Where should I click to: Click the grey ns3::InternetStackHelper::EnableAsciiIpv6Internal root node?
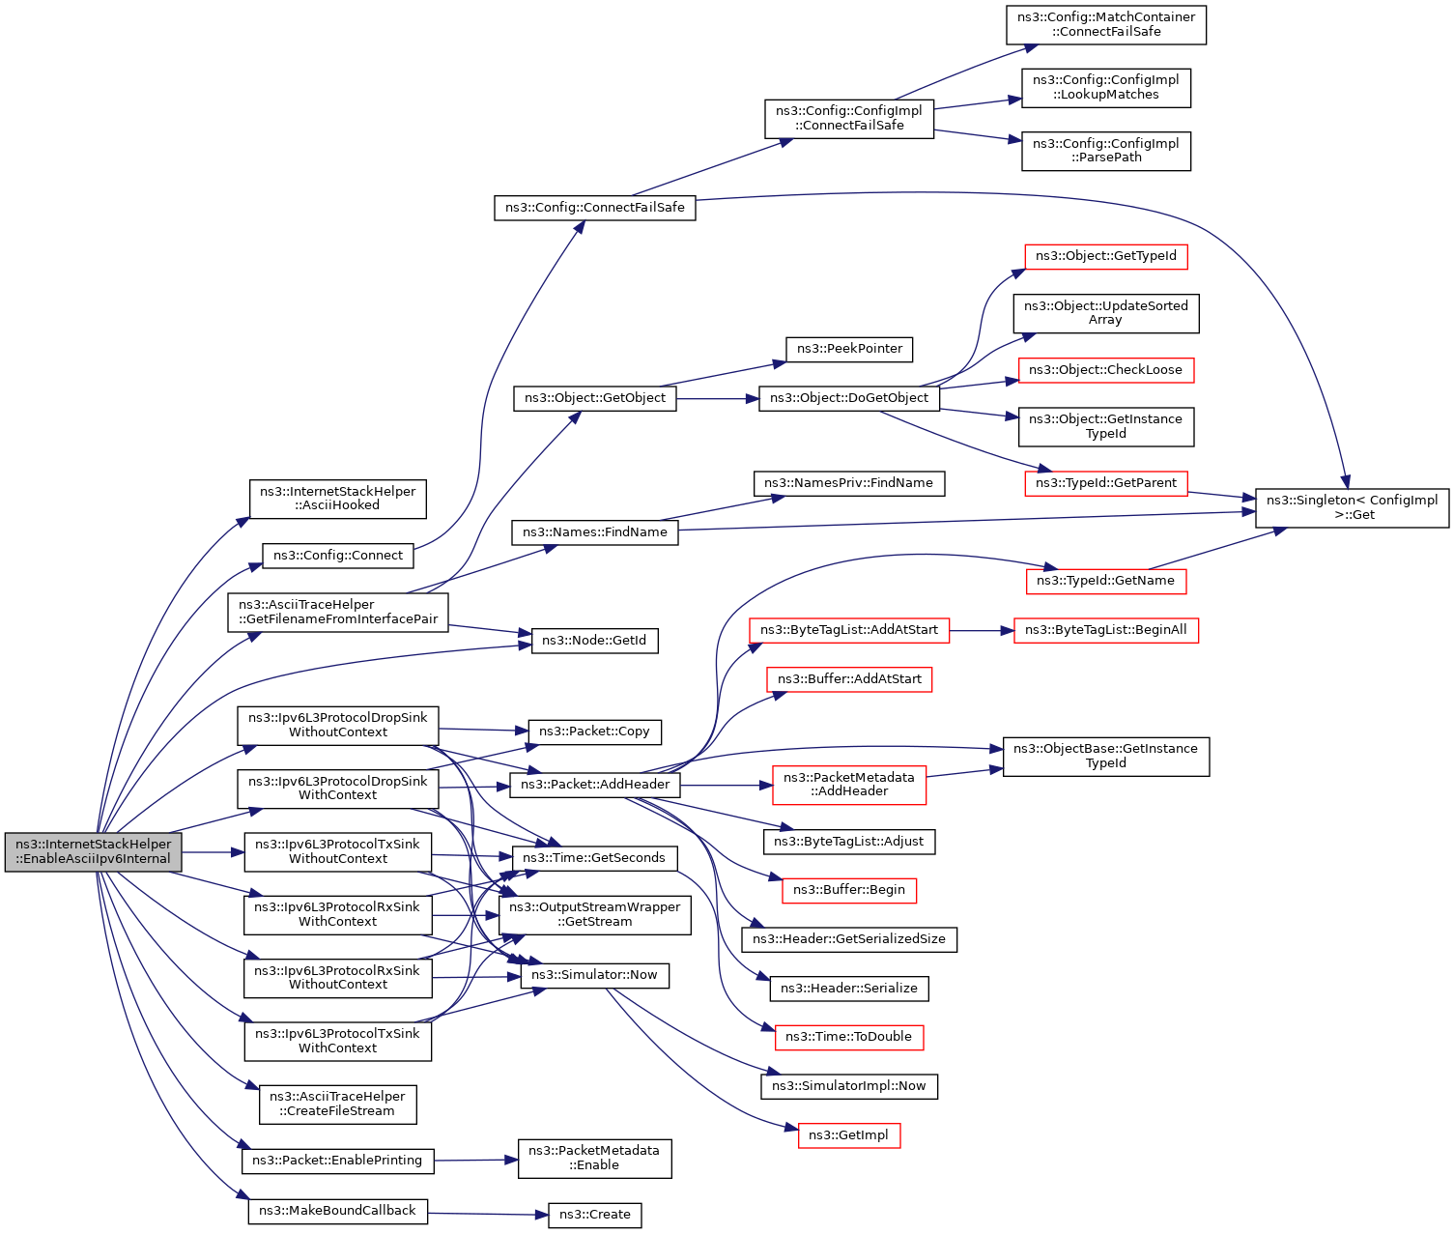pos(93,852)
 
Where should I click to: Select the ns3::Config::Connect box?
pos(337,556)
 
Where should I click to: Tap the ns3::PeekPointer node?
pos(849,350)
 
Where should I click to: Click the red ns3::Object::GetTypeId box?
pos(1106,257)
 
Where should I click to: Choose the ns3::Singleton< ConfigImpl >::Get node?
pos(1352,508)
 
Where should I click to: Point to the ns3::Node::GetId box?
pos(594,641)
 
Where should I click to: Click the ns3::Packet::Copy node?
pos(594,732)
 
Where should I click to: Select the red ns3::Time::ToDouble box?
pos(849,1037)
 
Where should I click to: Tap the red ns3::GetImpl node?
pos(849,1135)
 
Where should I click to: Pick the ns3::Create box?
pos(594,1215)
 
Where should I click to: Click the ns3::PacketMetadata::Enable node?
pos(594,1159)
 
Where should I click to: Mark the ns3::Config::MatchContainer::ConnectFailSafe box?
pos(1106,25)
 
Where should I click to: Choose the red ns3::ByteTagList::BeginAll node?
pos(1106,630)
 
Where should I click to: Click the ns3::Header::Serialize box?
pos(849,989)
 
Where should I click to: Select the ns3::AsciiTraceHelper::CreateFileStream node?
pos(337,1104)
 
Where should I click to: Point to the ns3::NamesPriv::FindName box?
pos(849,483)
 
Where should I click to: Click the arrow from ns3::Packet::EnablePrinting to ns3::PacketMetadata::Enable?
pos(475,1161)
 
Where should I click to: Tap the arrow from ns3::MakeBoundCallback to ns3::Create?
pos(488,1214)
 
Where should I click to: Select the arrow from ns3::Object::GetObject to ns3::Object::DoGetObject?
pos(718,399)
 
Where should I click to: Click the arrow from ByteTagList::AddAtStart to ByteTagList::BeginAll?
pos(982,631)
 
